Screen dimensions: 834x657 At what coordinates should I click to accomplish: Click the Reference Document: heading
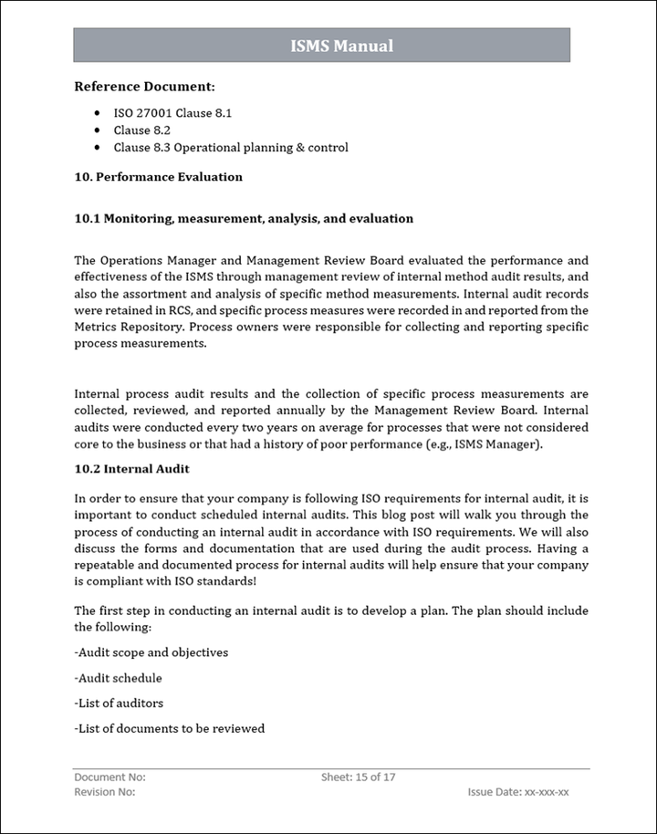click(x=144, y=88)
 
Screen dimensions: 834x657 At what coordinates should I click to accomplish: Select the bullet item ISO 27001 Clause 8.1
click(x=172, y=113)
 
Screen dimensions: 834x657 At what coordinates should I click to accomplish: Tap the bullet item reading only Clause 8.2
click(x=141, y=130)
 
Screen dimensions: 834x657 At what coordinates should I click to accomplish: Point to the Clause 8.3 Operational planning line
click(x=230, y=147)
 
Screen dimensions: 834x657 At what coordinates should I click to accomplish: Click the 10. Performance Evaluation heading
click(x=158, y=177)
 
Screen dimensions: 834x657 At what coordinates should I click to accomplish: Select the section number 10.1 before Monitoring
click(x=87, y=219)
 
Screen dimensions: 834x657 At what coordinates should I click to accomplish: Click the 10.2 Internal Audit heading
click(x=131, y=469)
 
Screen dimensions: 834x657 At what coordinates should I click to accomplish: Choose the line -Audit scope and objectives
click(x=151, y=652)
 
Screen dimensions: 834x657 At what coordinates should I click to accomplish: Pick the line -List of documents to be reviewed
click(x=170, y=728)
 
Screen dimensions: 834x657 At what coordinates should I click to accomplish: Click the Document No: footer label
click(x=109, y=777)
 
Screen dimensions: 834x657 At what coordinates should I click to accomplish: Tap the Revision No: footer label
click(x=104, y=792)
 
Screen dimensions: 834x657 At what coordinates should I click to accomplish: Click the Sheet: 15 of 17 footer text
click(x=358, y=777)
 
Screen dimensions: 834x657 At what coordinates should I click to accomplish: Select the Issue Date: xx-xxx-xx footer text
click(x=517, y=792)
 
